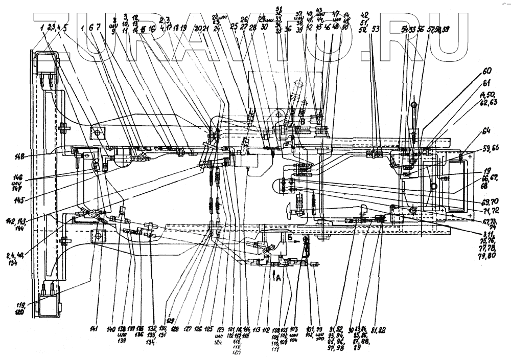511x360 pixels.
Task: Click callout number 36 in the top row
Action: click(x=288, y=29)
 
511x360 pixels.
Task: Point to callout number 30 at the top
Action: click(x=264, y=29)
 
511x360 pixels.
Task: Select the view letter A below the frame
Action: click(x=276, y=278)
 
